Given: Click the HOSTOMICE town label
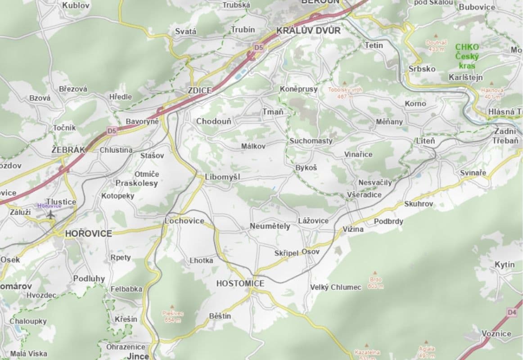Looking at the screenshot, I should [240, 283].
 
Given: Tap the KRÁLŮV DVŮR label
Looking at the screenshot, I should [308, 31].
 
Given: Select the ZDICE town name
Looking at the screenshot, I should [199, 90].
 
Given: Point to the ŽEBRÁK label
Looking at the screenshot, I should [68, 150].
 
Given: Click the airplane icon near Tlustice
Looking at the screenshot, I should [50, 215].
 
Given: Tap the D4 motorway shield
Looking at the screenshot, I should [511, 312].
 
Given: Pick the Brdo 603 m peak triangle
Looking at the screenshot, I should [375, 273].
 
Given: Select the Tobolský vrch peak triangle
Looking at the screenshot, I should [345, 83].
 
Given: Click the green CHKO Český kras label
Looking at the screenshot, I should [467, 56].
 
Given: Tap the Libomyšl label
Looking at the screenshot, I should [222, 177].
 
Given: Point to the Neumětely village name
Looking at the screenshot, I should [270, 226].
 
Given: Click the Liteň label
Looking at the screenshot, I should [425, 141].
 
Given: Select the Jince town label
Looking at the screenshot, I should [138, 356].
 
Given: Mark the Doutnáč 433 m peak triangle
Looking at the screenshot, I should [436, 36].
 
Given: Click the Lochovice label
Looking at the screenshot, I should [184, 221].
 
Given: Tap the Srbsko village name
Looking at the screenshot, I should [422, 69].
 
